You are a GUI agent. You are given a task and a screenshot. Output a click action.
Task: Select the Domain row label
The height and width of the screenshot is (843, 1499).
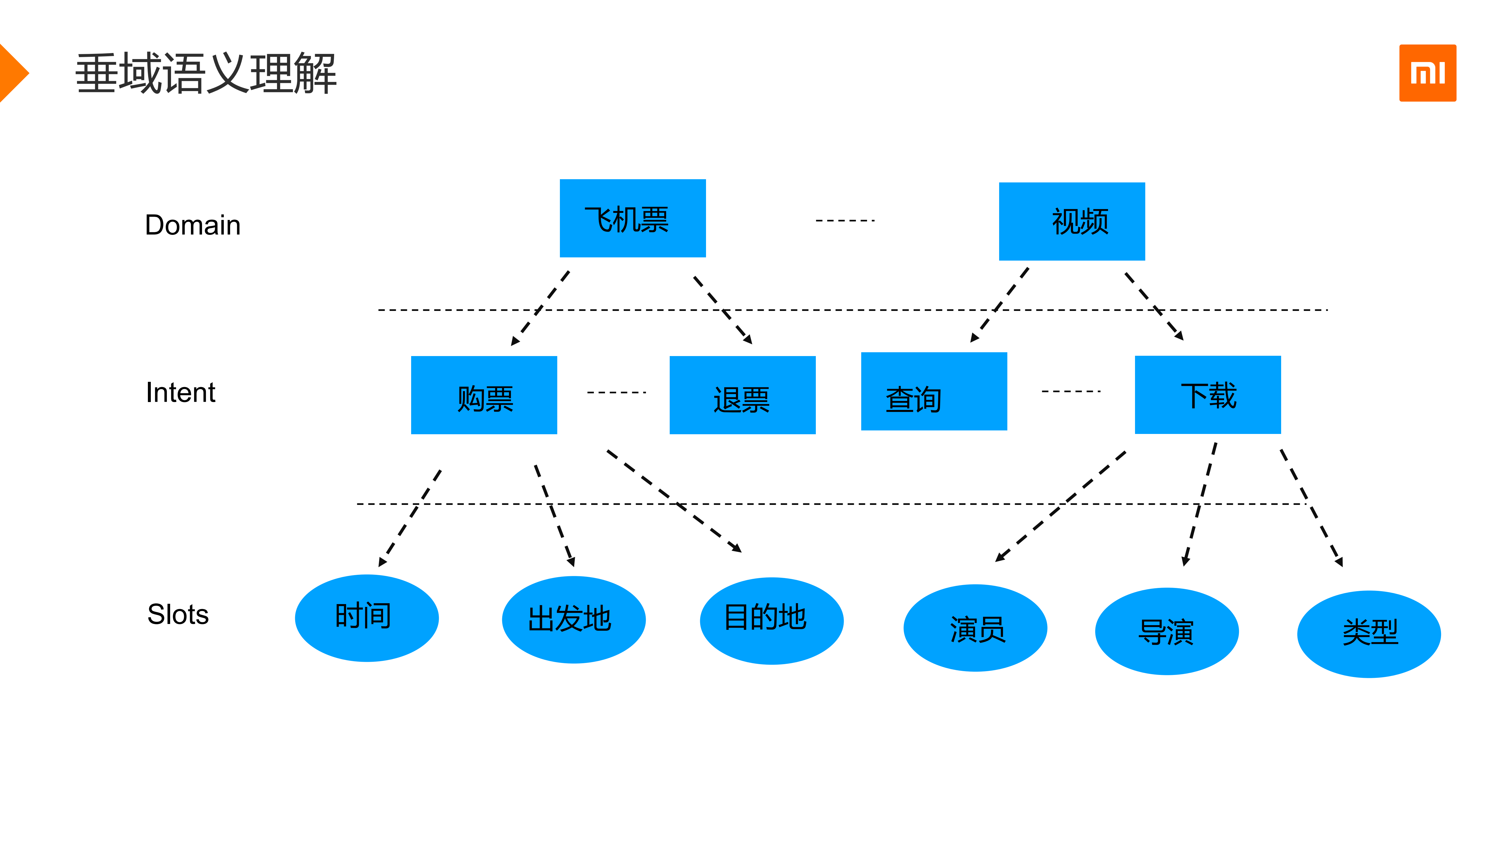[193, 225]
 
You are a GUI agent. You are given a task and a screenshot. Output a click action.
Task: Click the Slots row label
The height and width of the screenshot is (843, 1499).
[178, 614]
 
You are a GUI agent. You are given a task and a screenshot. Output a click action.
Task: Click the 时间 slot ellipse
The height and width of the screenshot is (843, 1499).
[367, 618]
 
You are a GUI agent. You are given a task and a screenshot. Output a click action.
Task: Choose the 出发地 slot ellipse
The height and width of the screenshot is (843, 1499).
[573, 620]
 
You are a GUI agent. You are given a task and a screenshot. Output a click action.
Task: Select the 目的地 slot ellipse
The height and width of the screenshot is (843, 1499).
[771, 621]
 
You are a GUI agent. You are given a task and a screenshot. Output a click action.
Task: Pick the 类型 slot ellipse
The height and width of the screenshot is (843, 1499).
[1369, 634]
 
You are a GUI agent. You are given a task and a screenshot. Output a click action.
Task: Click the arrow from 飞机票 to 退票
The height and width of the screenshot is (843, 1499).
[723, 310]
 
